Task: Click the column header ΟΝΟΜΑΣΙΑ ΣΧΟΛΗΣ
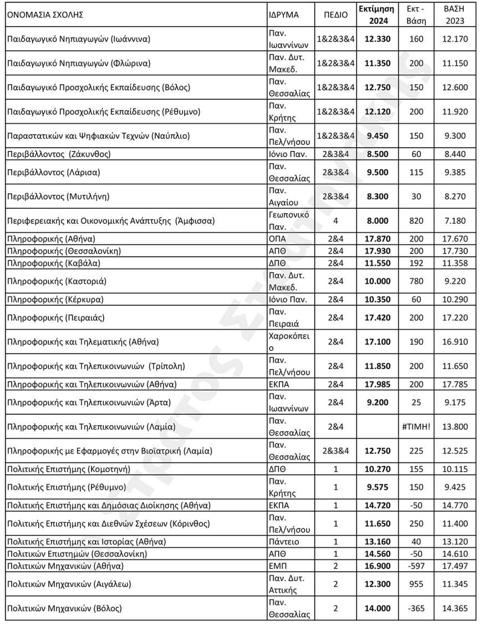tap(45, 15)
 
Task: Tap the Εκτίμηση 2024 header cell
tap(376, 15)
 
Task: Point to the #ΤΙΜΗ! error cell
tap(416, 427)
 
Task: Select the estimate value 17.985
tap(377, 384)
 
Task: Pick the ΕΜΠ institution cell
tap(275, 566)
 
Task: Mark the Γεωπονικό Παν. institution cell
tap(288, 221)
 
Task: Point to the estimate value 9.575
tap(377, 487)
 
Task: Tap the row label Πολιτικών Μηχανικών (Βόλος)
tap(64, 608)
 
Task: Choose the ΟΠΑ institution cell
tap(276, 239)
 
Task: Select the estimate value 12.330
tap(377, 39)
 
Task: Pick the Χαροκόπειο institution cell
tap(288, 341)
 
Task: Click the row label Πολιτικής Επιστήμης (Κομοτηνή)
tap(68, 469)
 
